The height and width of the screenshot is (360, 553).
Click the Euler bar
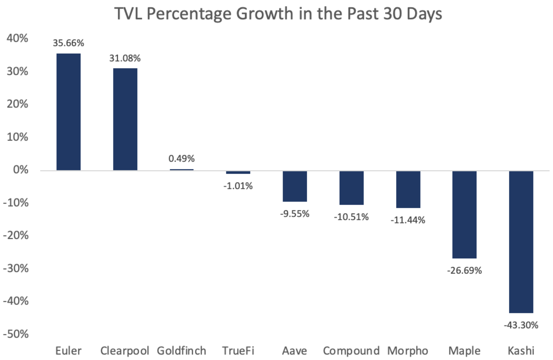tap(68, 112)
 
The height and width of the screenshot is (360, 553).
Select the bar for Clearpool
tap(125, 119)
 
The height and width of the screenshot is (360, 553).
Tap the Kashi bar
tap(521, 242)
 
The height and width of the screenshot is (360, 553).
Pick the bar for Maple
tap(464, 215)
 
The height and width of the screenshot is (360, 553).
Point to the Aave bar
tap(295, 186)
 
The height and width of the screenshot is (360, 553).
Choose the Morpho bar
tap(408, 190)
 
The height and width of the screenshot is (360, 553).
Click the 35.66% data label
tap(68, 43)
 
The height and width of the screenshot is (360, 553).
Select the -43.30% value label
tap(521, 325)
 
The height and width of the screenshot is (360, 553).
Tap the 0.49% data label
tap(181, 158)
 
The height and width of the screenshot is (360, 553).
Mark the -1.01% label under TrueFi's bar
tap(238, 186)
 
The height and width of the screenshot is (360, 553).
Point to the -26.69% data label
tap(464, 271)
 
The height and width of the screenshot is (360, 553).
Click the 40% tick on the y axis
tap(17, 38)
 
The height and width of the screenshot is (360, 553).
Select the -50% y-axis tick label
tap(16, 334)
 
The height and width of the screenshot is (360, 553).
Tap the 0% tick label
tap(20, 170)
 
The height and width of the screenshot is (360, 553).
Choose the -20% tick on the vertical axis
tap(16, 235)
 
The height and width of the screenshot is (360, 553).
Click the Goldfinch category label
tap(181, 351)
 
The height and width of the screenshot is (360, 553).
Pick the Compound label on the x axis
tap(351, 351)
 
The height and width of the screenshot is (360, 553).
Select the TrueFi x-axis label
tap(238, 351)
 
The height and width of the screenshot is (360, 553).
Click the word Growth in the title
tap(264, 14)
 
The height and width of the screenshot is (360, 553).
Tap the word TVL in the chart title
tap(128, 14)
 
